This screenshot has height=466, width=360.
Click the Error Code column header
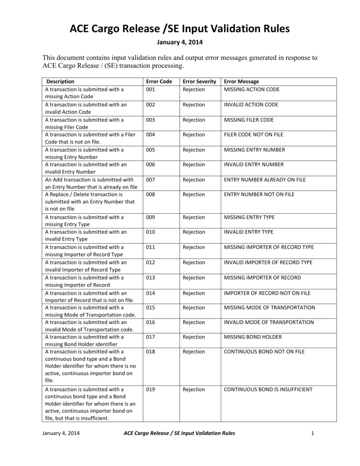click(x=159, y=81)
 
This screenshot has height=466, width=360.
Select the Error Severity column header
click(x=199, y=81)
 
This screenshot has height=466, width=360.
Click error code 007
click(x=151, y=180)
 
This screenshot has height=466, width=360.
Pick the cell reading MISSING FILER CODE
click(x=249, y=120)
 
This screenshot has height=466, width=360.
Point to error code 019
click(x=151, y=390)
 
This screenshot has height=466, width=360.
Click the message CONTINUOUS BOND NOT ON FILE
click(x=264, y=352)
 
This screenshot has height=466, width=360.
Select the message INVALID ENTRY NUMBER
click(x=254, y=164)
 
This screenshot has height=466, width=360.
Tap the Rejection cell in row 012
click(x=194, y=263)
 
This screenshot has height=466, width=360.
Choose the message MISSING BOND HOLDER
click(x=253, y=337)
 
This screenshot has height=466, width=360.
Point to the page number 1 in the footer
click(x=313, y=433)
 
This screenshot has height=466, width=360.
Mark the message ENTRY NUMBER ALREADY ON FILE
click(x=265, y=180)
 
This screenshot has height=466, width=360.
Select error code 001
click(x=151, y=89)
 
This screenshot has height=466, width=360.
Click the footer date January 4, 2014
click(x=61, y=433)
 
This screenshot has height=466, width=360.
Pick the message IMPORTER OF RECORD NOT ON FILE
click(x=267, y=293)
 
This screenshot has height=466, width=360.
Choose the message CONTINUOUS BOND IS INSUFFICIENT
click(x=268, y=390)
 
